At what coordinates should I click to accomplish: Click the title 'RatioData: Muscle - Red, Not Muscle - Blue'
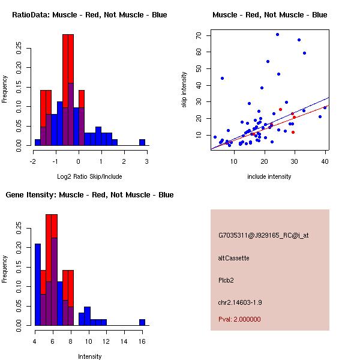click(x=89, y=14)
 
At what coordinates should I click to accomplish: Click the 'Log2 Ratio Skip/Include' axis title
click(x=89, y=177)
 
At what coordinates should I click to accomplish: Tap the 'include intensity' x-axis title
click(x=269, y=177)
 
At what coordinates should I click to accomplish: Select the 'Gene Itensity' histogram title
click(x=89, y=195)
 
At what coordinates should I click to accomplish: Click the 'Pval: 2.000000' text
click(x=239, y=319)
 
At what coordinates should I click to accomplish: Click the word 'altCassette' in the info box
click(x=234, y=258)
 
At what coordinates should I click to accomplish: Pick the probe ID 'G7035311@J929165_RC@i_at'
click(x=263, y=236)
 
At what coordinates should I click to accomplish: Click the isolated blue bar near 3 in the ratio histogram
click(x=142, y=142)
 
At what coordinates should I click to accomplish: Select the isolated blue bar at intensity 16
click(x=142, y=322)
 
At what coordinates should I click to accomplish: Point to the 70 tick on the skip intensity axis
click(x=198, y=35)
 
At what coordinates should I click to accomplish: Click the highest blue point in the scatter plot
click(x=277, y=34)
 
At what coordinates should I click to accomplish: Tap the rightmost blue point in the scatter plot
click(x=325, y=107)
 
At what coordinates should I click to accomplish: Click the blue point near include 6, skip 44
click(x=222, y=78)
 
